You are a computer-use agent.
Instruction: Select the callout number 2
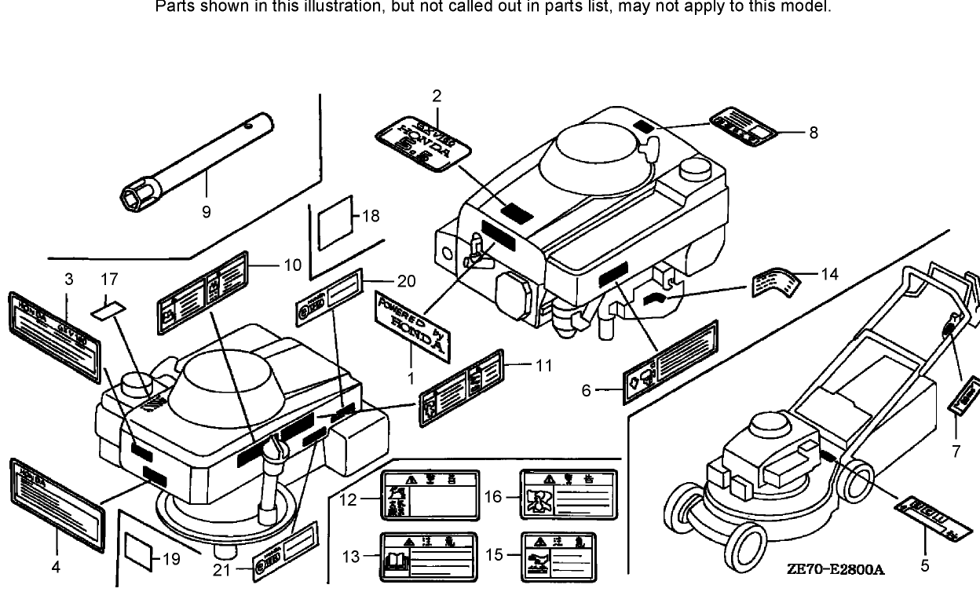pyautogui.click(x=437, y=97)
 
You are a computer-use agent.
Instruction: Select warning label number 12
pyautogui.click(x=430, y=495)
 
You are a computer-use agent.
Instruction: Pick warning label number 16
pyautogui.click(x=569, y=495)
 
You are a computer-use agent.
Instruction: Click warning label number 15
pyautogui.click(x=569, y=556)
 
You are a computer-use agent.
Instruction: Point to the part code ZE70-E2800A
pyautogui.click(x=836, y=568)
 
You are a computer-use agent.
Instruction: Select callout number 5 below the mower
pyautogui.click(x=924, y=565)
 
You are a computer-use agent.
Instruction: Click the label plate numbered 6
pyautogui.click(x=671, y=362)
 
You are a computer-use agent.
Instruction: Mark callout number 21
pyautogui.click(x=221, y=570)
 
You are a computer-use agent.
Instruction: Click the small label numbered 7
pyautogui.click(x=964, y=396)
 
